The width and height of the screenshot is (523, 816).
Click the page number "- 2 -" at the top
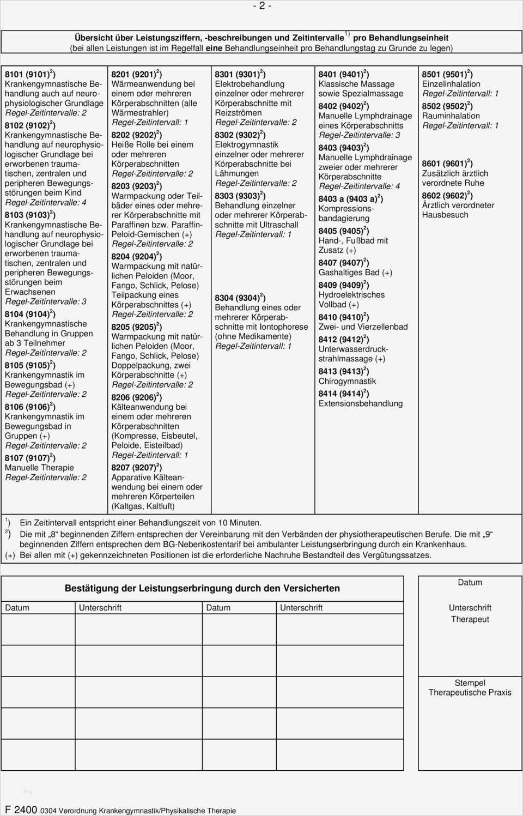pyautogui.click(x=261, y=6)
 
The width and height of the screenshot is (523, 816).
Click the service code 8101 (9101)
pyautogui.click(x=30, y=74)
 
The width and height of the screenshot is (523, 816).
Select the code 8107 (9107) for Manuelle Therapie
pyautogui.click(x=30, y=458)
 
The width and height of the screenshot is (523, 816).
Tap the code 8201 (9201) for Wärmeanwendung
pyautogui.click(x=136, y=74)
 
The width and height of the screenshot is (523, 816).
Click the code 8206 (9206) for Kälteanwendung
pyautogui.click(x=136, y=397)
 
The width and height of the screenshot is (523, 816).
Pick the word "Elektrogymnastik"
pyautogui.click(x=246, y=144)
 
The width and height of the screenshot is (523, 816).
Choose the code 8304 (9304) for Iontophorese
pyautogui.click(x=240, y=298)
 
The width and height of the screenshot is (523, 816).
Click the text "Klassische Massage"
pyautogui.click(x=356, y=84)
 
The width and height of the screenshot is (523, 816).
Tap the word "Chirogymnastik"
pyautogui.click(x=347, y=381)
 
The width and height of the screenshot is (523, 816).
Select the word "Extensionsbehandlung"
pyautogui.click(x=361, y=403)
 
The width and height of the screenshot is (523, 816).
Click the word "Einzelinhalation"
pyautogui.click(x=451, y=84)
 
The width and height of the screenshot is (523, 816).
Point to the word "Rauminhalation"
pyautogui.click(x=451, y=116)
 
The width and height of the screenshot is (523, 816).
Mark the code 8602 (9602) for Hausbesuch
pyautogui.click(x=447, y=195)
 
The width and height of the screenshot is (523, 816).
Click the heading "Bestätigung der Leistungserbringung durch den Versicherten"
pyautogui.click(x=202, y=588)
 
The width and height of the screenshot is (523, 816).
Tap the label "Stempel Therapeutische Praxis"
pyautogui.click(x=470, y=687)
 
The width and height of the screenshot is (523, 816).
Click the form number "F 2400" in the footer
pyautogui.click(x=21, y=809)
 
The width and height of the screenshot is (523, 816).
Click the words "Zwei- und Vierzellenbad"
pyautogui.click(x=363, y=327)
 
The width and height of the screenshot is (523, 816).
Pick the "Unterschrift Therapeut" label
pyautogui.click(x=470, y=613)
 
